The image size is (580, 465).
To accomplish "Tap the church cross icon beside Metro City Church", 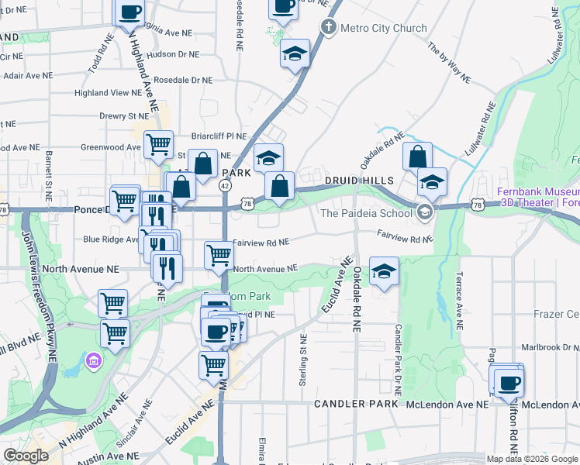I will [x=328, y=29].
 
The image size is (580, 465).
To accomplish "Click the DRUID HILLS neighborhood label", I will [x=359, y=181].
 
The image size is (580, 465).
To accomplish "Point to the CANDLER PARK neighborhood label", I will [x=345, y=405].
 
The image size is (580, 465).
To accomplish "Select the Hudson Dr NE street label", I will [x=173, y=54].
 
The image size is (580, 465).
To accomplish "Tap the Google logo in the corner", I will [x=26, y=456].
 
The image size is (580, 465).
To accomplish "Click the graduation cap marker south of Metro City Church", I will [x=295, y=54].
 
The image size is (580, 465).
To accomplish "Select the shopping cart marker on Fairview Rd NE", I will [x=219, y=255].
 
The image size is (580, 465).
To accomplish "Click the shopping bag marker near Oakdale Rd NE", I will [x=417, y=156].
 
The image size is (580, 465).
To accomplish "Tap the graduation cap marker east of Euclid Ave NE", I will [x=384, y=272].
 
